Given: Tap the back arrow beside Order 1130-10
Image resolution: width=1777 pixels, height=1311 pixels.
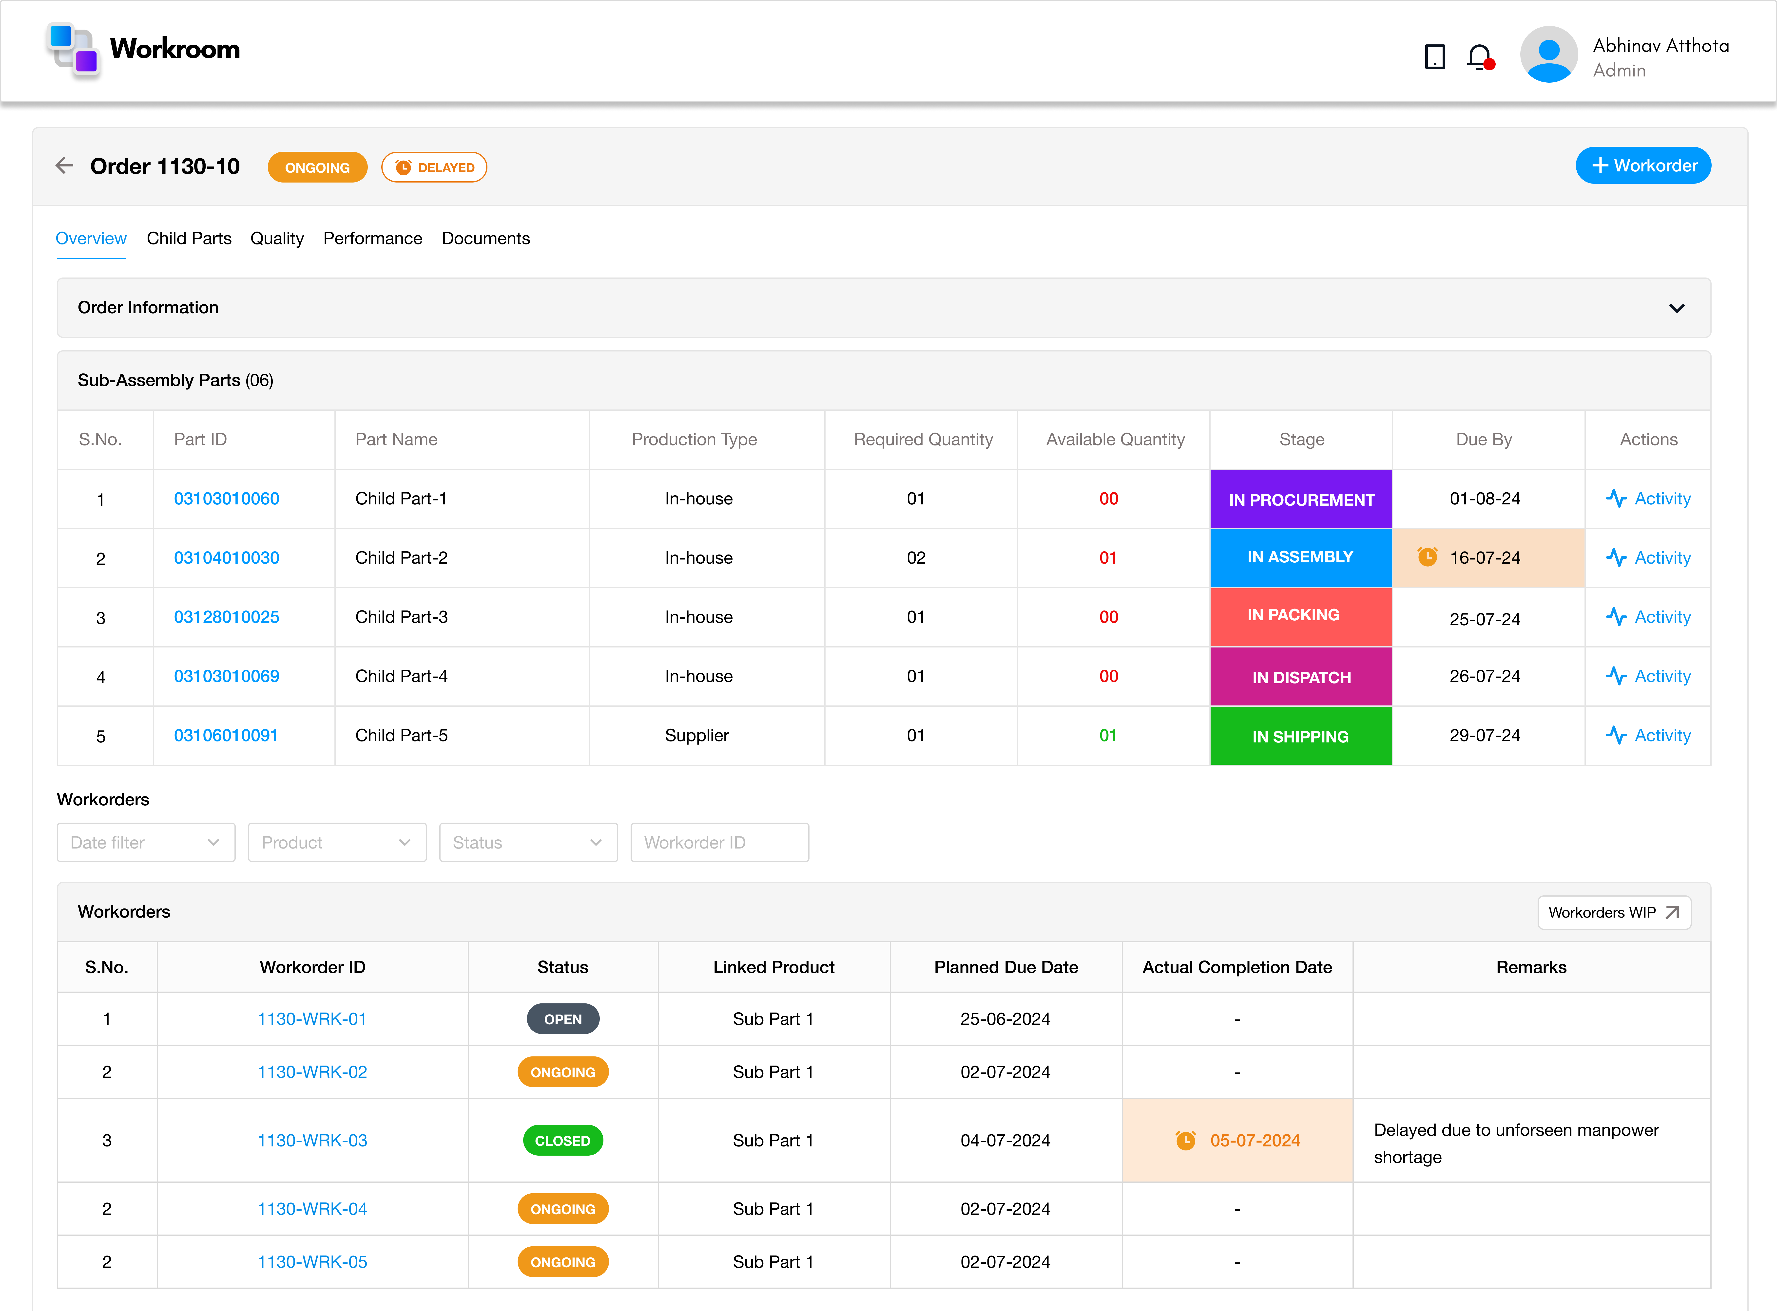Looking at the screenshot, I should click(64, 166).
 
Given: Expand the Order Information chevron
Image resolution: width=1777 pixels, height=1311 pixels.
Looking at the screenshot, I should click(1676, 308).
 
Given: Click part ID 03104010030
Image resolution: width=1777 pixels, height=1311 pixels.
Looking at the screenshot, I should click(226, 558).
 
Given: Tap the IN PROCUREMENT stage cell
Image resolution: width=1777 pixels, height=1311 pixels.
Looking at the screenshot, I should click(1301, 499).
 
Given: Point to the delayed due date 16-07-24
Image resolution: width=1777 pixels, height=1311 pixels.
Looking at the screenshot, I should click(1484, 558).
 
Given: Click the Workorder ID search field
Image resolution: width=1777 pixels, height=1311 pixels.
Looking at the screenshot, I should click(719, 843).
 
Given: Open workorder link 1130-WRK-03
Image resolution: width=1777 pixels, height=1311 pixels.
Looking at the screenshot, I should click(312, 1140).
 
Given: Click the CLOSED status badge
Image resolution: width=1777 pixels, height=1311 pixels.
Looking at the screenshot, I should click(562, 1140).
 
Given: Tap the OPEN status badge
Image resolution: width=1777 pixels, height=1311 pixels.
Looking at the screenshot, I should click(562, 1019).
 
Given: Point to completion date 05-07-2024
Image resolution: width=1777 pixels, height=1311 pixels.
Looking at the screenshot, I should click(1254, 1140).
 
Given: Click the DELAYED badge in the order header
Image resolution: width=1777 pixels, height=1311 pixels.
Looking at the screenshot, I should click(434, 167).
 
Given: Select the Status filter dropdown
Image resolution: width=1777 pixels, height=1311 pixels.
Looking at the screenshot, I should click(528, 843).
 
